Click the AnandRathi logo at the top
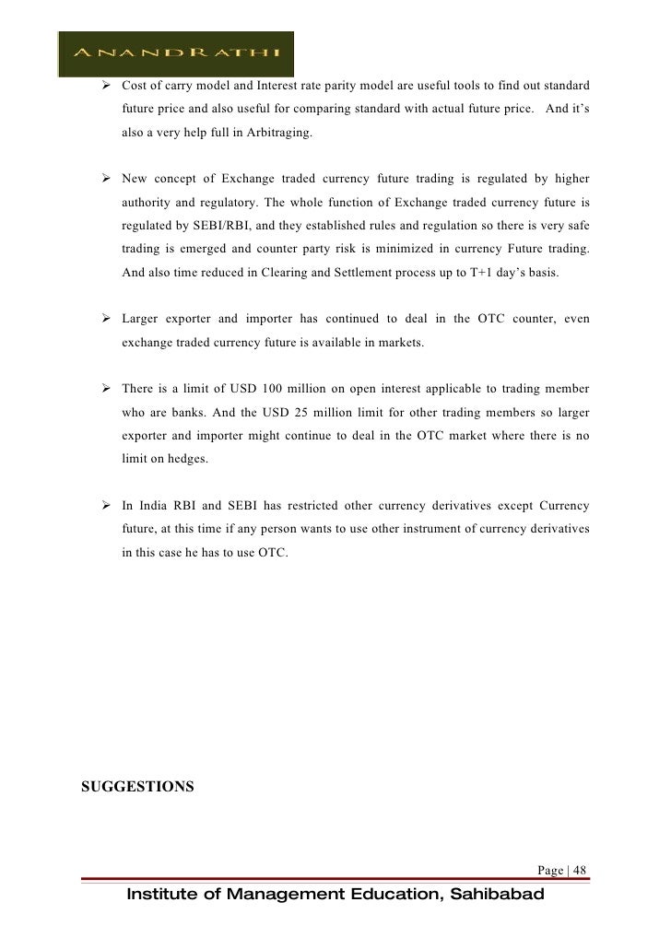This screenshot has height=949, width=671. pos(176,53)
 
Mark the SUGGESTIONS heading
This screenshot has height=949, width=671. pos(137,787)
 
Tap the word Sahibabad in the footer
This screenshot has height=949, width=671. pos(488,895)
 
